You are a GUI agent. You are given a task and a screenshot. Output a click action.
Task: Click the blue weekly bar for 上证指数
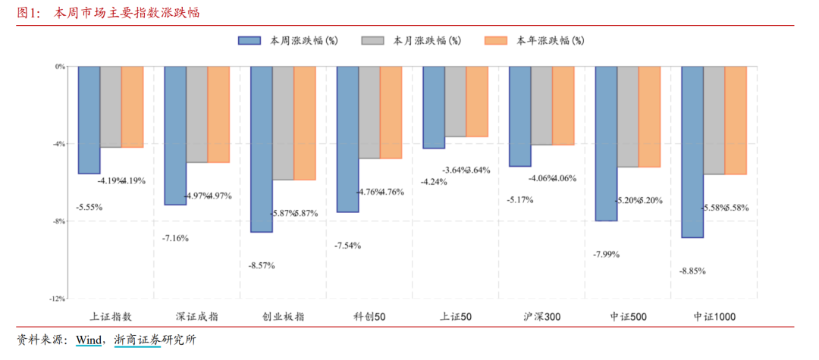coord(89,120)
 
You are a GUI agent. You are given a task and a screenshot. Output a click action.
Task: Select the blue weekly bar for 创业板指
coord(262,149)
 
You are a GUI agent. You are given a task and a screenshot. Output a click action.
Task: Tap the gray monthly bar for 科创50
coord(369,112)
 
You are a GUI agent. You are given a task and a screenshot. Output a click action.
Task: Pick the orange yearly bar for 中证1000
coord(736,120)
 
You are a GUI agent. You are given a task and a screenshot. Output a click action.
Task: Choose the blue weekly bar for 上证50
coord(434,107)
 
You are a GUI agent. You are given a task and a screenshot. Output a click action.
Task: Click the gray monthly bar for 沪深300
coord(541,105)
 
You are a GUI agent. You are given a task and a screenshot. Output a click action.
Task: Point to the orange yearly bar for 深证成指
coord(218,114)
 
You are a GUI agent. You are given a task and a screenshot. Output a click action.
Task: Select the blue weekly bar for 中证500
coord(606,143)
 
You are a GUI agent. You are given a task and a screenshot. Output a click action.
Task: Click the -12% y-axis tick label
coord(58,299)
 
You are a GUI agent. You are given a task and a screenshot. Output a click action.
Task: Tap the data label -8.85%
coord(692,271)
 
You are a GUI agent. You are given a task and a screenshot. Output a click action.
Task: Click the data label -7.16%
coord(175,238)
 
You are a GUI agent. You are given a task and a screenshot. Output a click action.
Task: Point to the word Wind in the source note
coord(88,340)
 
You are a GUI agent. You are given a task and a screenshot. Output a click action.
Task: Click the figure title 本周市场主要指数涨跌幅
coord(127,13)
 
